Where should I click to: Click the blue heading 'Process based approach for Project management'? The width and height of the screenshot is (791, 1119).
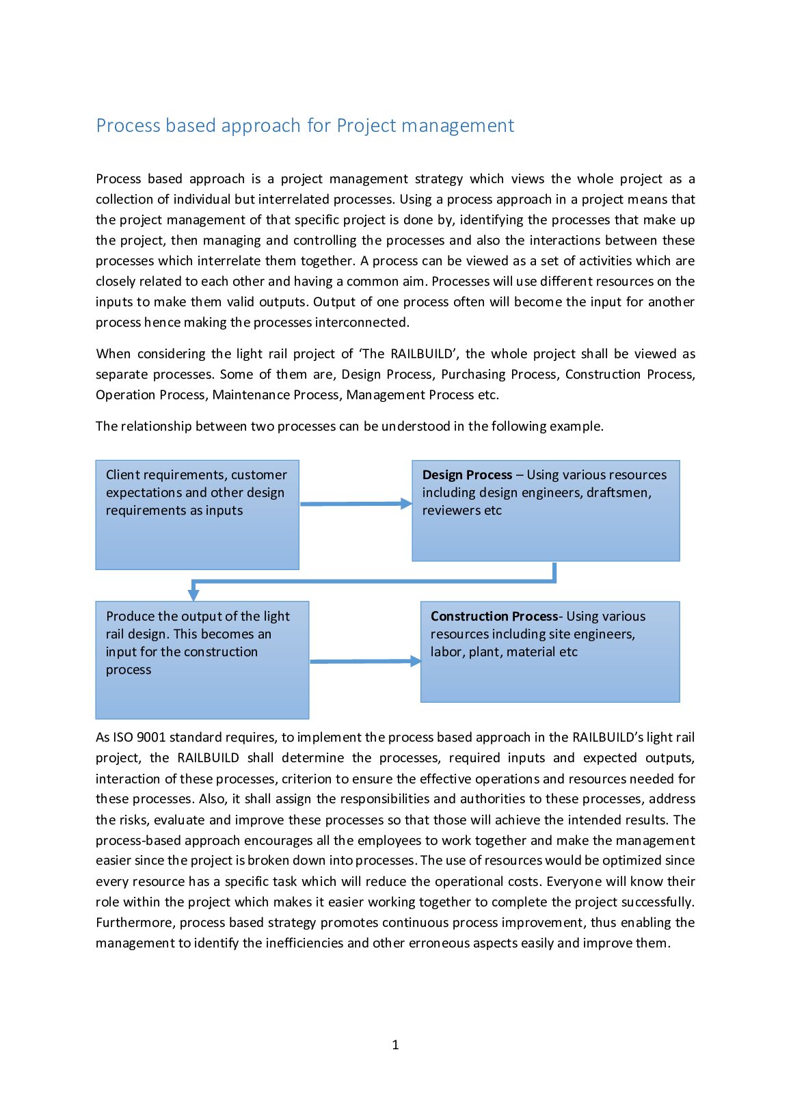point(305,126)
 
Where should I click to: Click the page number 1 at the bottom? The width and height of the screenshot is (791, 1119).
point(395,1044)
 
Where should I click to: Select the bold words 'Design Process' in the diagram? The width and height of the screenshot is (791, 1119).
point(467,475)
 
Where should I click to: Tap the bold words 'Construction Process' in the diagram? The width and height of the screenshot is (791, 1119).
point(494,617)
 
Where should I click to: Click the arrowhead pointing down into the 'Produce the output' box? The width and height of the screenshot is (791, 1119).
point(193,594)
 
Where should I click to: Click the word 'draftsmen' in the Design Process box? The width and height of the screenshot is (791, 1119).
point(621,493)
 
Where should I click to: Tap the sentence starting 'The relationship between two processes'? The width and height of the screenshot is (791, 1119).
point(349,427)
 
